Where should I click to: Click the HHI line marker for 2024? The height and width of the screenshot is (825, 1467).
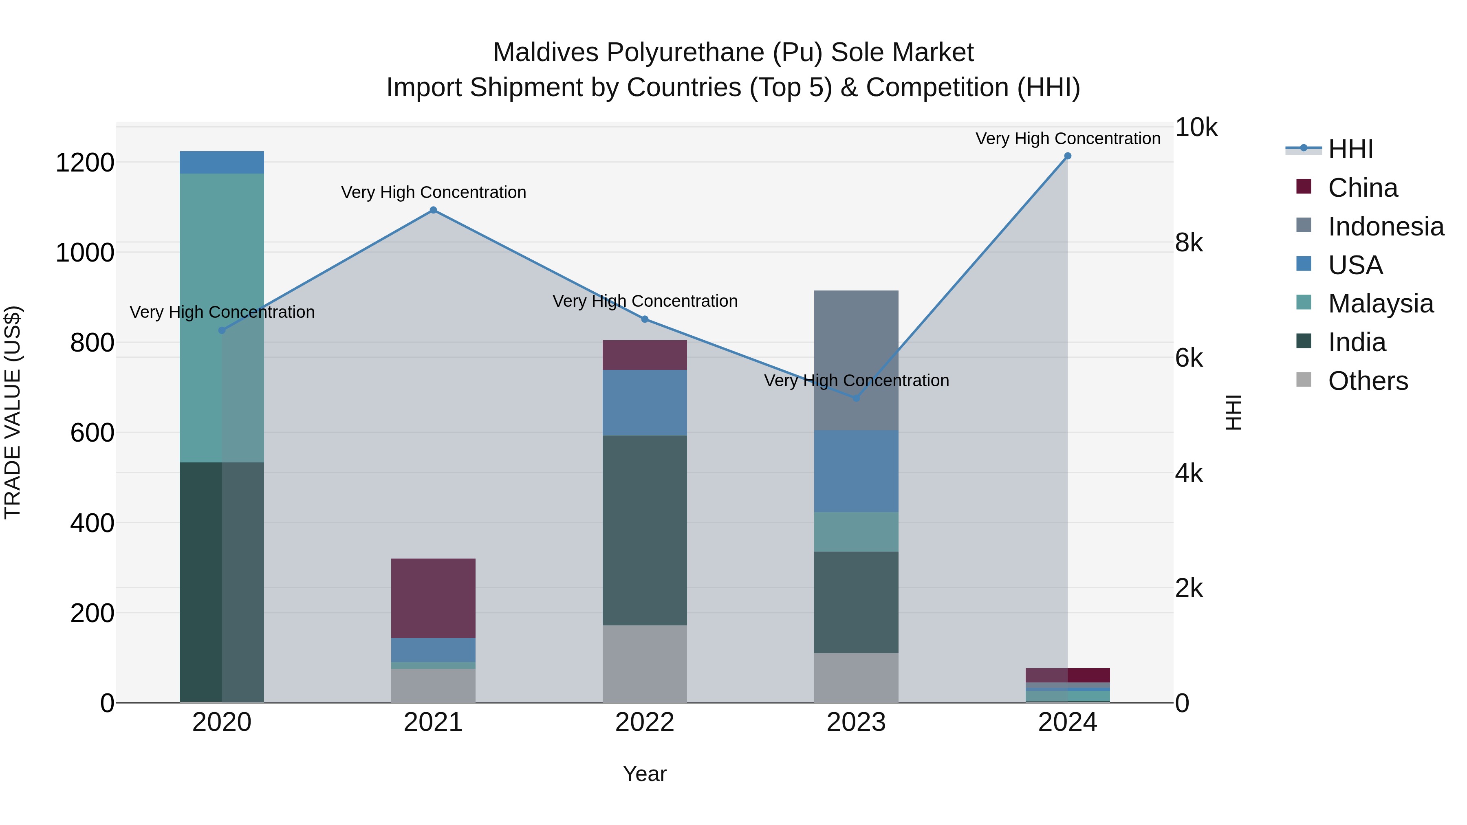click(1067, 156)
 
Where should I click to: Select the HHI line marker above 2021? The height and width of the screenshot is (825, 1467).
click(433, 210)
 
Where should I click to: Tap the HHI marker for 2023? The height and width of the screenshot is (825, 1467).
click(855, 398)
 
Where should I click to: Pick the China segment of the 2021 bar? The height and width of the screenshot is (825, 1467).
click(433, 598)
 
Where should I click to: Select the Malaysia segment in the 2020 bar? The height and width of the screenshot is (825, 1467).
click(222, 318)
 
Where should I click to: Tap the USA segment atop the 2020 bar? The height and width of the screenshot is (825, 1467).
click(222, 162)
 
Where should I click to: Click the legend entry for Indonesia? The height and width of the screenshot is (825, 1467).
click(1385, 227)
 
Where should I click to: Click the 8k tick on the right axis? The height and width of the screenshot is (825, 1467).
click(1189, 243)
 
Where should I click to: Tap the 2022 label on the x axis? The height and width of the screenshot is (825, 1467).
click(644, 722)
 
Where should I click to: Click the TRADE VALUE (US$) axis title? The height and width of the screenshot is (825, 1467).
click(13, 412)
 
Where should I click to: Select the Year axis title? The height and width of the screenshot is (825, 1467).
click(644, 774)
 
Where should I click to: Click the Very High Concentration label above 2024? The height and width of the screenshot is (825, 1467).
click(1067, 139)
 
